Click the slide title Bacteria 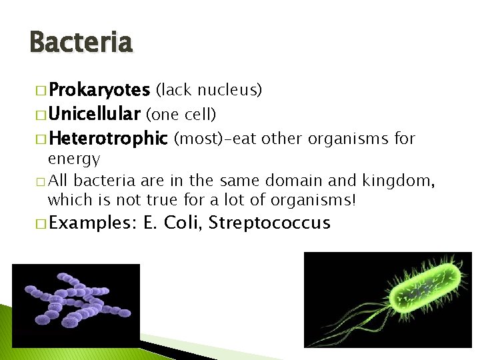pos(81,43)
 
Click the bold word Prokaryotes pos(99,89)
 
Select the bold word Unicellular pos(95,114)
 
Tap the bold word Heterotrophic pos(108,139)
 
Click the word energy pos(73,159)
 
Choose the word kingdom pos(396,181)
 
